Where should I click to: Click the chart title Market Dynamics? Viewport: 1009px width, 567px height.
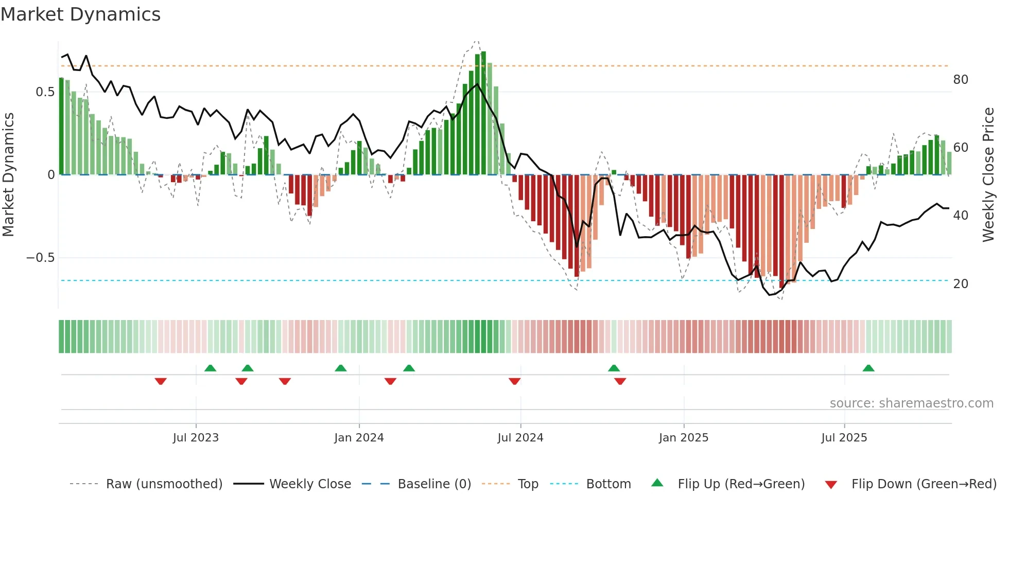81,14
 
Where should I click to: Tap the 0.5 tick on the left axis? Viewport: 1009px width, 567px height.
45,92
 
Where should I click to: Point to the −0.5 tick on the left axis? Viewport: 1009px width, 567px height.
40,258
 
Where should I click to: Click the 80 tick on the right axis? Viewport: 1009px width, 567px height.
960,80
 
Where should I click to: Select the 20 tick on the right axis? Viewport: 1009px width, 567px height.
960,284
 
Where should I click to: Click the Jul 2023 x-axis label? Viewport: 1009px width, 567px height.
196,438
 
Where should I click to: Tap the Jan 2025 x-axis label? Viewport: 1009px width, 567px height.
683,438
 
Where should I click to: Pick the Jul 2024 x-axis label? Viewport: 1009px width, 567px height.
520,438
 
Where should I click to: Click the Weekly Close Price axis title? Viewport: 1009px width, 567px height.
988,175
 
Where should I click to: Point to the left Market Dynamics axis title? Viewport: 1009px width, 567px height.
8,175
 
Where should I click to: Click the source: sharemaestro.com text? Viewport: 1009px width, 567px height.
911,403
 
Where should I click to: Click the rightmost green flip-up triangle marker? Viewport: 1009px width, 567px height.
868,368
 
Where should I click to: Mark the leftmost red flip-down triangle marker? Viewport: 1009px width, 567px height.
161,381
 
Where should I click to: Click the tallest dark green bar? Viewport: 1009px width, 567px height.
483,113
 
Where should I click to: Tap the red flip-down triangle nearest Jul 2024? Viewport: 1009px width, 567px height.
514,381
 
